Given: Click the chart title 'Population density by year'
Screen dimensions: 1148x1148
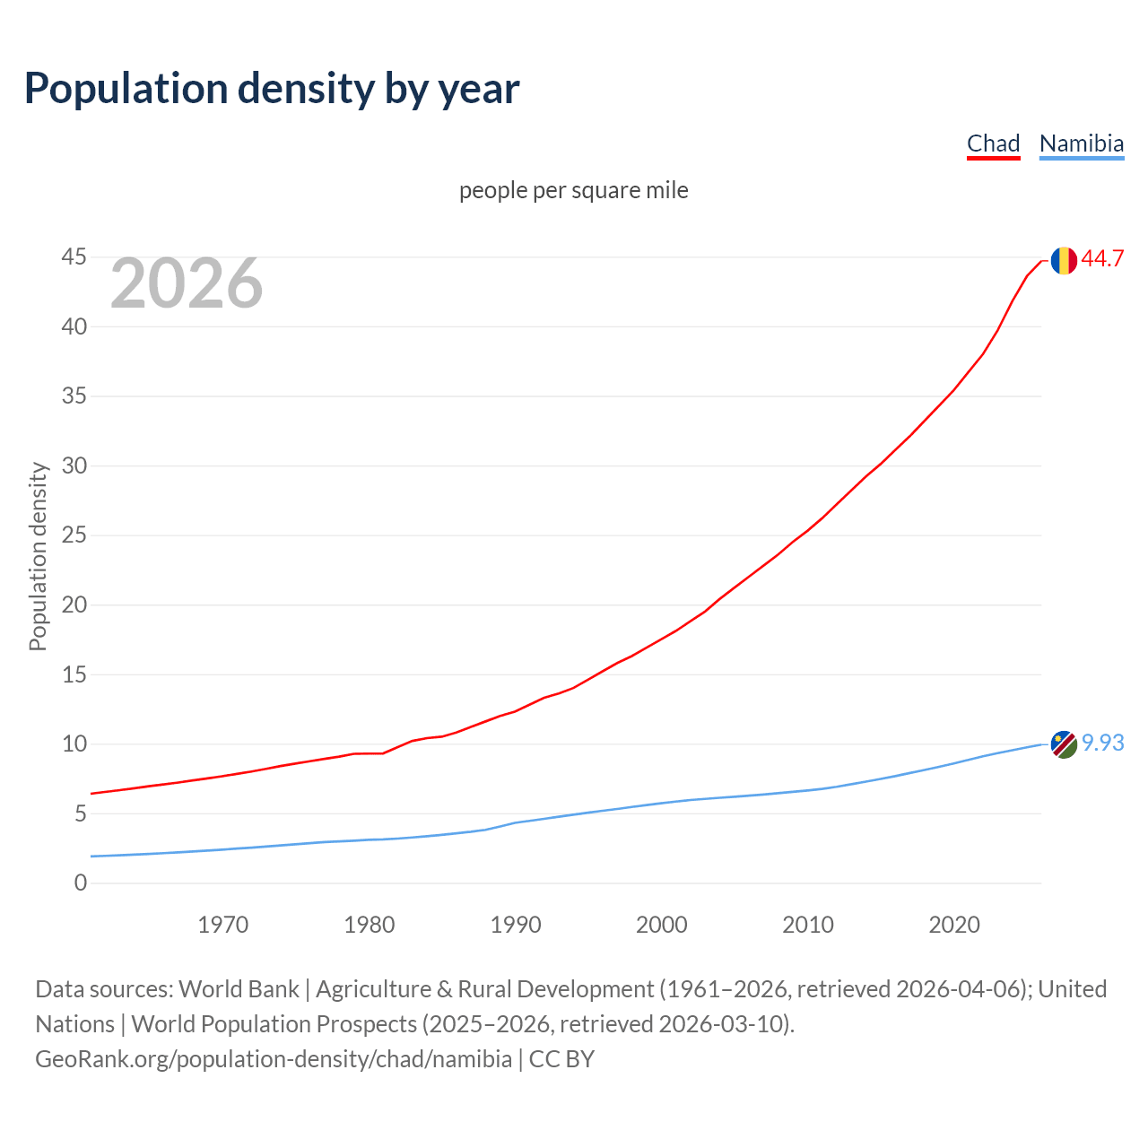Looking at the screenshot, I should pyautogui.click(x=272, y=89).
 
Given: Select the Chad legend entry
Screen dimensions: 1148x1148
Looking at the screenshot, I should pyautogui.click(x=993, y=143).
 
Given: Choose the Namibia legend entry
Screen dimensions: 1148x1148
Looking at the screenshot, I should pyautogui.click(x=1081, y=143).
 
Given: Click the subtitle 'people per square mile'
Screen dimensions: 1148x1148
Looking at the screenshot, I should pyautogui.click(x=573, y=191).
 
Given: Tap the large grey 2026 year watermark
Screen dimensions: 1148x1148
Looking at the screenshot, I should pyautogui.click(x=187, y=284).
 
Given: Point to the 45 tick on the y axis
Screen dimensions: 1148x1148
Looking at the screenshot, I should pyautogui.click(x=74, y=257).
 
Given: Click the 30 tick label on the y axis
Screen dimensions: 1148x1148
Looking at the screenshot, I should pyautogui.click(x=74, y=465).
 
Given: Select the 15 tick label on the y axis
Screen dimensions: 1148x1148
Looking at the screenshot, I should pyautogui.click(x=74, y=674).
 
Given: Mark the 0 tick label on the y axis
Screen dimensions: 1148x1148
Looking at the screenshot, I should pyautogui.click(x=81, y=883).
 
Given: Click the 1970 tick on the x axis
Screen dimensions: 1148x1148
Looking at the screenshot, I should pyautogui.click(x=222, y=925).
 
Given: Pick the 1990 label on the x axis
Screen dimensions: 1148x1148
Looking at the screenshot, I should pyautogui.click(x=516, y=925).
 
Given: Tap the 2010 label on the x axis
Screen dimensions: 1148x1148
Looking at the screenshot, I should pyautogui.click(x=808, y=925).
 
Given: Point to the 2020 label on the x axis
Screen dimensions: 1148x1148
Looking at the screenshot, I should pyautogui.click(x=954, y=925).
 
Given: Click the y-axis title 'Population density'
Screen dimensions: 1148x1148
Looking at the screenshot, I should pyautogui.click(x=38, y=556).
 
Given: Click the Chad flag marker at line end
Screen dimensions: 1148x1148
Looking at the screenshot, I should pyautogui.click(x=1064, y=260).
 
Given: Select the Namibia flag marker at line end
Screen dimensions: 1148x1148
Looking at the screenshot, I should pyautogui.click(x=1064, y=744).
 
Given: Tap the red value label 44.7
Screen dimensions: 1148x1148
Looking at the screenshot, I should pyautogui.click(x=1102, y=259).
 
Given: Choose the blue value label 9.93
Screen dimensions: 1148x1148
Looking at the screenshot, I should pyautogui.click(x=1102, y=744).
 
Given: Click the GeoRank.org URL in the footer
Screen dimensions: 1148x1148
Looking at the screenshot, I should pyautogui.click(x=274, y=1059).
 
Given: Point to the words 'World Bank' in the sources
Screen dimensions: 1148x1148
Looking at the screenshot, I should pyautogui.click(x=239, y=989).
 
